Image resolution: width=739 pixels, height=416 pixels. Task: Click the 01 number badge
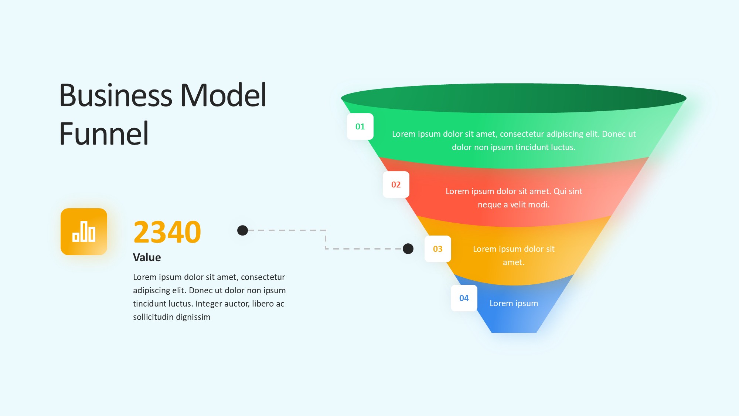360,126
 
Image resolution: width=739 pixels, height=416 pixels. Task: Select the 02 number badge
396,185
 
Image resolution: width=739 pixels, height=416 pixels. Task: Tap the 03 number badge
437,249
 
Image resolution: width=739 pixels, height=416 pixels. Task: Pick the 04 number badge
464,298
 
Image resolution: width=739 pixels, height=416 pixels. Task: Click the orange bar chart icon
84,231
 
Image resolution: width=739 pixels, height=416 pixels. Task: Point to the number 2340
167,232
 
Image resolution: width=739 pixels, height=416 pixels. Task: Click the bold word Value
147,257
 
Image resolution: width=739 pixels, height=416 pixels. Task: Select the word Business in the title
116,95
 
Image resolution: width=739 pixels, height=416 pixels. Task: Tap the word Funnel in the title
104,134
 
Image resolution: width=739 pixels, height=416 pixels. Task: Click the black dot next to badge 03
408,248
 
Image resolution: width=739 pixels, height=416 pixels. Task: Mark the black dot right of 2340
242,230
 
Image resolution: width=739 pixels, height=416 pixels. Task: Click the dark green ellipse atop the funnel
514,98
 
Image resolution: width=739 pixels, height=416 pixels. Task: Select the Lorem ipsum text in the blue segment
514,303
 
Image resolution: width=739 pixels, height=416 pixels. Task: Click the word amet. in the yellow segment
514,262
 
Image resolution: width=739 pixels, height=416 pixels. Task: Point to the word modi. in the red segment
540,204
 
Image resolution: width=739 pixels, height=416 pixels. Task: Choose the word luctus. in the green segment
563,147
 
